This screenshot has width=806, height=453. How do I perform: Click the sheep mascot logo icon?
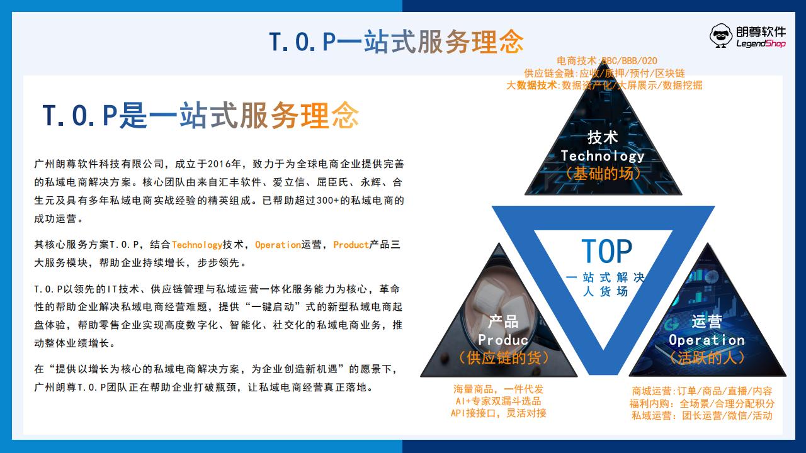(x=721, y=36)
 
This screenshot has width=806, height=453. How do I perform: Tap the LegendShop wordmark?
(x=761, y=43)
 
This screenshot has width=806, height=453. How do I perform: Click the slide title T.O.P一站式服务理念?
(x=396, y=42)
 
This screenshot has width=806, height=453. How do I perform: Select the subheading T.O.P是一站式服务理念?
(x=201, y=115)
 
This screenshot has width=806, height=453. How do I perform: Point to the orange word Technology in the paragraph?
(x=197, y=245)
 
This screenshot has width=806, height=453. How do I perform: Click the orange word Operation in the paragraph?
(x=278, y=245)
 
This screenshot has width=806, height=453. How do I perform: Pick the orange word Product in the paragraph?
(x=351, y=245)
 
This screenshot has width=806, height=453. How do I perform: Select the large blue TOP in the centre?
(x=606, y=251)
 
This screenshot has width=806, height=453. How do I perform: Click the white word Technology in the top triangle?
(x=603, y=156)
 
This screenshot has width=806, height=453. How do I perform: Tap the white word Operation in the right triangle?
(x=707, y=340)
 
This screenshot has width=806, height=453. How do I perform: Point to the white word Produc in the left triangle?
(x=503, y=340)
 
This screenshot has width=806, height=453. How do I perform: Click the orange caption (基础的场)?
(x=603, y=174)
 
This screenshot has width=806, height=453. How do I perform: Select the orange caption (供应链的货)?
(x=503, y=358)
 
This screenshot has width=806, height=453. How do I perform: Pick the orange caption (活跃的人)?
(x=707, y=358)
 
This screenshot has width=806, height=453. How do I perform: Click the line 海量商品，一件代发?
(x=498, y=389)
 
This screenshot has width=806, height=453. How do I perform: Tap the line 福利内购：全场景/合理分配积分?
(x=702, y=403)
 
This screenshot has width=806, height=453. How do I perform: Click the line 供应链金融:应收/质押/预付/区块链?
(x=604, y=74)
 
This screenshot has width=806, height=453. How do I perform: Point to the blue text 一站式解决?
(x=605, y=277)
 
